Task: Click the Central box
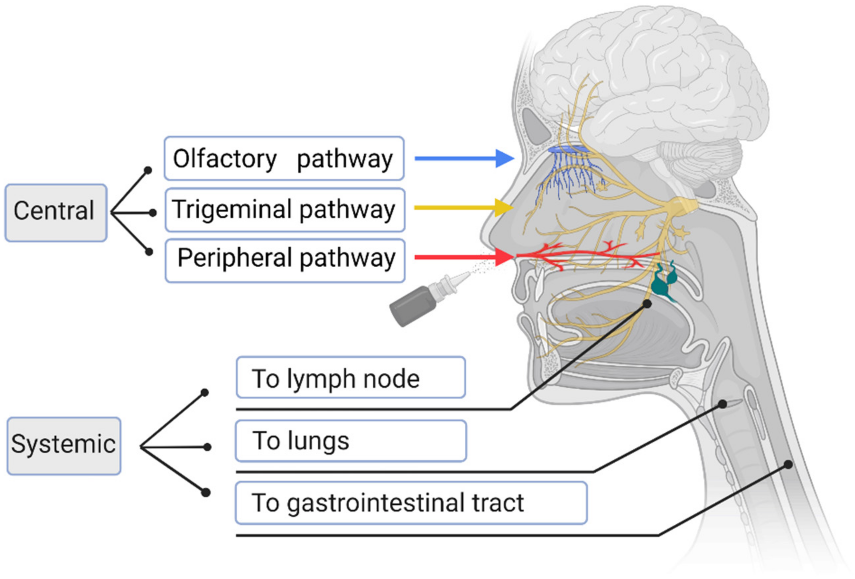coord(56,213)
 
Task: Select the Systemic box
coord(64,445)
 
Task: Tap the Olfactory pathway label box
coord(284,158)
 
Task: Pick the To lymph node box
coord(351,377)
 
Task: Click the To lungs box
coord(351,441)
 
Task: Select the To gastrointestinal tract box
coord(411,502)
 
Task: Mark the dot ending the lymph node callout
coord(647,304)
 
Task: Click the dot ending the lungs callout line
coord(722,404)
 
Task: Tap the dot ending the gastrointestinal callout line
coord(788,464)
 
